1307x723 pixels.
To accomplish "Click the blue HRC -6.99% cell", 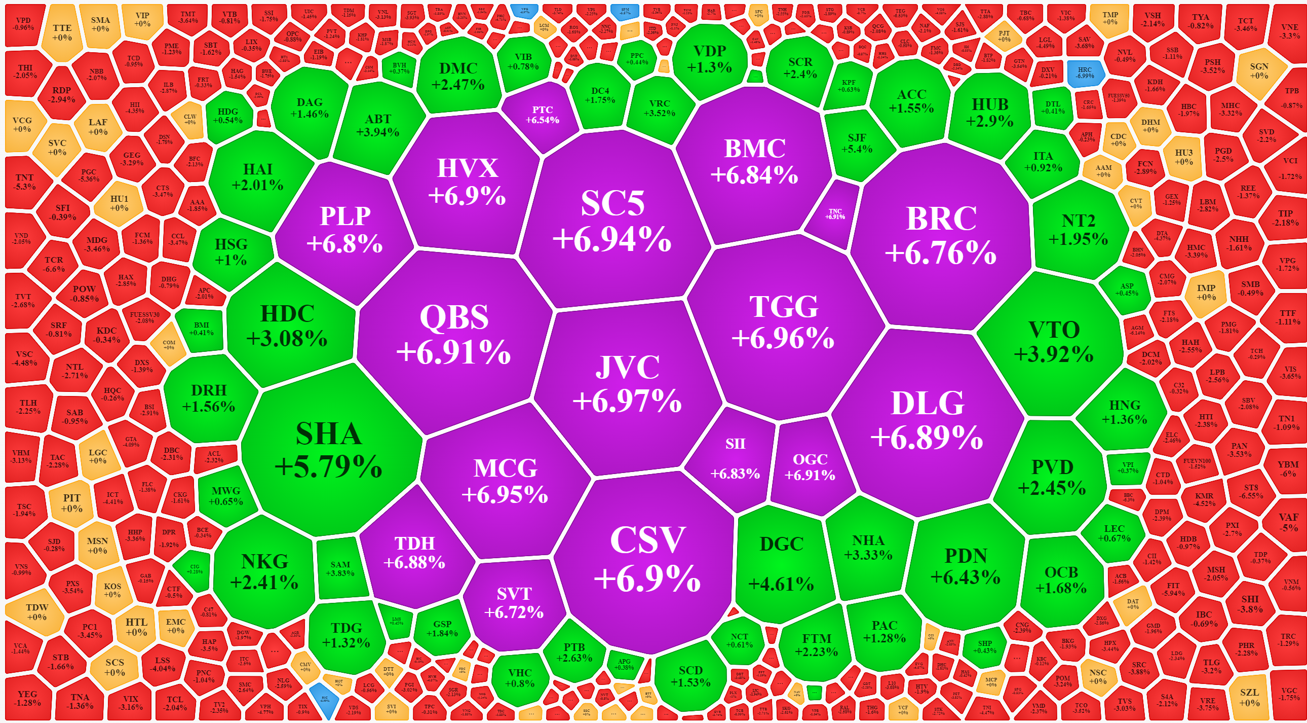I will (x=1085, y=73).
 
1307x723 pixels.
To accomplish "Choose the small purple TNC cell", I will (x=835, y=214).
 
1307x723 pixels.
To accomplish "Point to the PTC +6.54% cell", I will (x=542, y=115).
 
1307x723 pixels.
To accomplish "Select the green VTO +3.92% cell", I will (x=1054, y=342).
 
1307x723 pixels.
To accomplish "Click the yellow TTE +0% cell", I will (x=62, y=32).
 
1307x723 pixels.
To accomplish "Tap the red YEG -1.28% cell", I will (x=27, y=698).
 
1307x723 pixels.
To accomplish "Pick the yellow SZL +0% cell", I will (x=1249, y=697).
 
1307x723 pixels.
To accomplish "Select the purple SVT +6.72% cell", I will (x=514, y=603).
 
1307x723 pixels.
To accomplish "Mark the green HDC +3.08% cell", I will (x=287, y=326).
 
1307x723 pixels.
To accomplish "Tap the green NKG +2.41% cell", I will (x=264, y=572).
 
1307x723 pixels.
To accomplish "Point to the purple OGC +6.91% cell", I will (x=810, y=467).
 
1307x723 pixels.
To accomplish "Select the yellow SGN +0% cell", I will (x=1259, y=70).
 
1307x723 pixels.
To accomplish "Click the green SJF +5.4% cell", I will (x=857, y=143).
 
